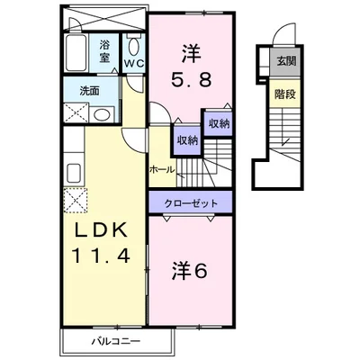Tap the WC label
(133, 64)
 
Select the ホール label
(162, 169)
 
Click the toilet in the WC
(133, 47)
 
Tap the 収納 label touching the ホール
(187, 139)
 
